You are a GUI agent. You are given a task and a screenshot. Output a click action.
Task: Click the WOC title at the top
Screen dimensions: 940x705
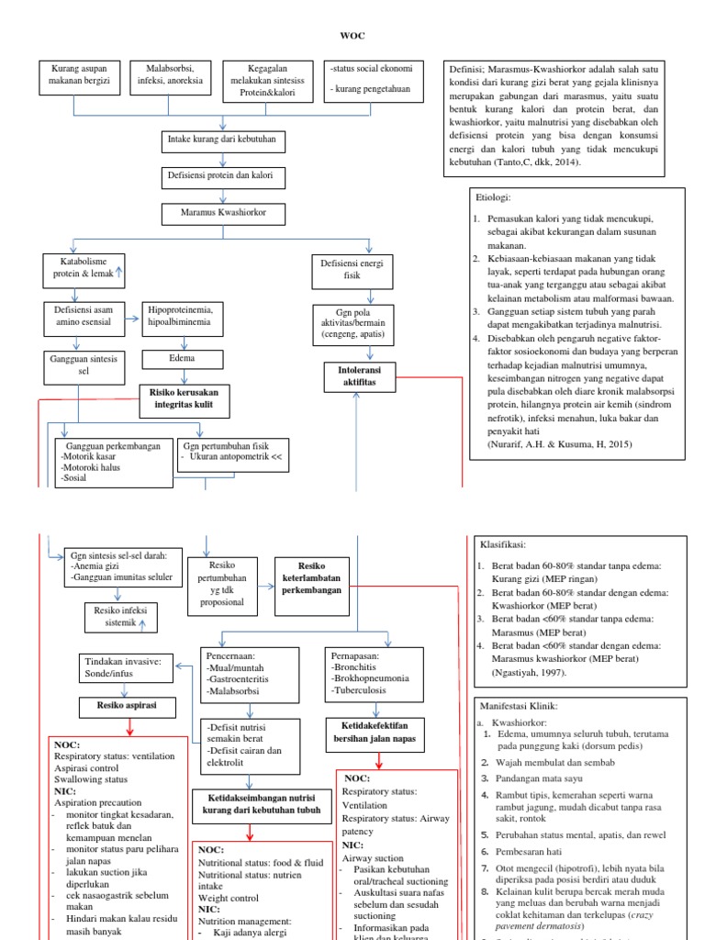pos(352,36)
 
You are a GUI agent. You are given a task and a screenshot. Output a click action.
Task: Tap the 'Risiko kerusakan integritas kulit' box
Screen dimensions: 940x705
pos(185,398)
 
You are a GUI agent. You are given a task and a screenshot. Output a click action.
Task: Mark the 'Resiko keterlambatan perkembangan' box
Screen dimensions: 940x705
pos(313,576)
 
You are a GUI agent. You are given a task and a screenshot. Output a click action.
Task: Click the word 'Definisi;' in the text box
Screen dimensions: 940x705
pos(466,70)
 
